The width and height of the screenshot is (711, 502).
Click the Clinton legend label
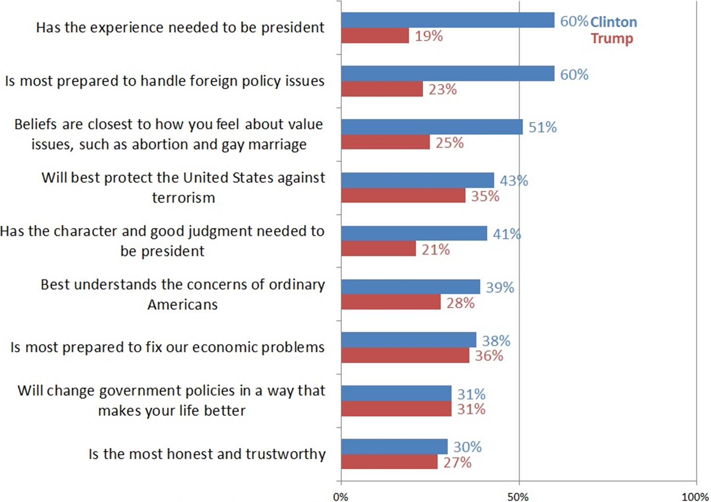tap(613, 22)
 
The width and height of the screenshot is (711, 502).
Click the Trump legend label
tap(612, 39)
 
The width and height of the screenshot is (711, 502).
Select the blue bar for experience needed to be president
tap(447, 20)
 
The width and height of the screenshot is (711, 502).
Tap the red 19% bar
tap(375, 36)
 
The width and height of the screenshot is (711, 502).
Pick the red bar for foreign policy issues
tap(382, 89)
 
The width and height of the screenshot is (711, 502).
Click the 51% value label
tap(543, 127)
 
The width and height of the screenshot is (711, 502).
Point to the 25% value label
tap(449, 143)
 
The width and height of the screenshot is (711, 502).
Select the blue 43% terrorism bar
tap(418, 180)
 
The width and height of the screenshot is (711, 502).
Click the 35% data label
tap(485, 196)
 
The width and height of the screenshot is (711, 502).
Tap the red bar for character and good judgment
tap(379, 249)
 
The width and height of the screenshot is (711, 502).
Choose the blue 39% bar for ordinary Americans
tap(411, 287)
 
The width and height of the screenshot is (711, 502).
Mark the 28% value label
tap(460, 303)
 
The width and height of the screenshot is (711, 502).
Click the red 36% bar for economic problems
tap(405, 355)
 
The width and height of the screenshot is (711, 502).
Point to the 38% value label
tap(496, 340)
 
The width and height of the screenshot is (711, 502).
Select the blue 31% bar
tap(396, 393)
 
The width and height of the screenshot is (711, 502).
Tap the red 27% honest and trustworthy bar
tap(389, 462)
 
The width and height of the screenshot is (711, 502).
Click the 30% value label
tap(467, 446)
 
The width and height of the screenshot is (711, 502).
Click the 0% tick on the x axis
tap(340, 497)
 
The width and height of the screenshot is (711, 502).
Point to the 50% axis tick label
tap(518, 497)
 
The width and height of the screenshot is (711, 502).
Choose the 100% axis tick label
tap(695, 497)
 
